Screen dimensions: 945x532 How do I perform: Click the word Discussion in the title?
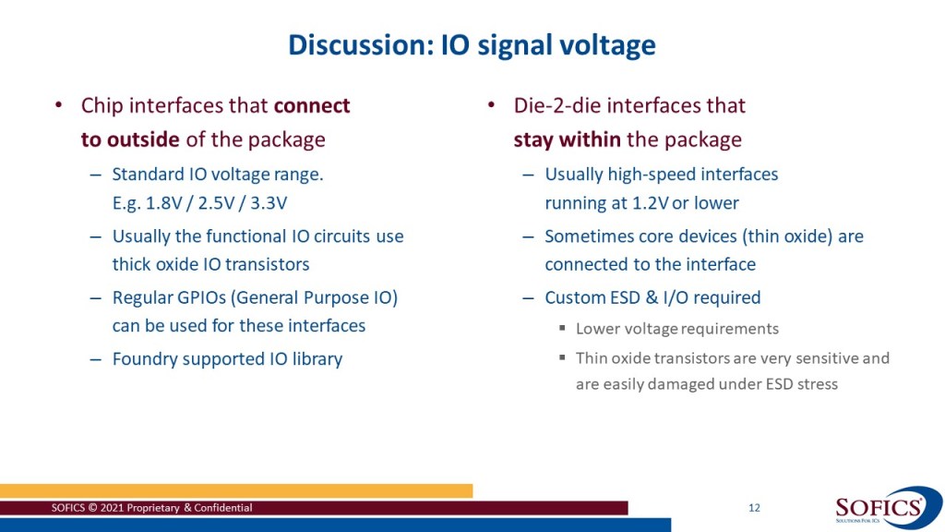click(x=361, y=45)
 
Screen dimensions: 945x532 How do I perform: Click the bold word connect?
click(x=312, y=105)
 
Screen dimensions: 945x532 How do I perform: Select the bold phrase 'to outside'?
click(x=130, y=139)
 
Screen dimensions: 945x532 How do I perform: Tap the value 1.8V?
click(x=164, y=202)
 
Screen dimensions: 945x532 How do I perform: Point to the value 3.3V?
click(x=269, y=202)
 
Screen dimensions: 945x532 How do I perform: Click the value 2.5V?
click(x=216, y=202)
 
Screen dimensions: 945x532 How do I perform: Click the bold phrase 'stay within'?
click(x=568, y=140)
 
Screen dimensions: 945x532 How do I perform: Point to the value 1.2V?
click(x=651, y=202)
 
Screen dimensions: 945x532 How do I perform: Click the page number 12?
click(x=754, y=508)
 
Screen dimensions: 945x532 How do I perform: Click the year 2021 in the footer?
click(x=112, y=508)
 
